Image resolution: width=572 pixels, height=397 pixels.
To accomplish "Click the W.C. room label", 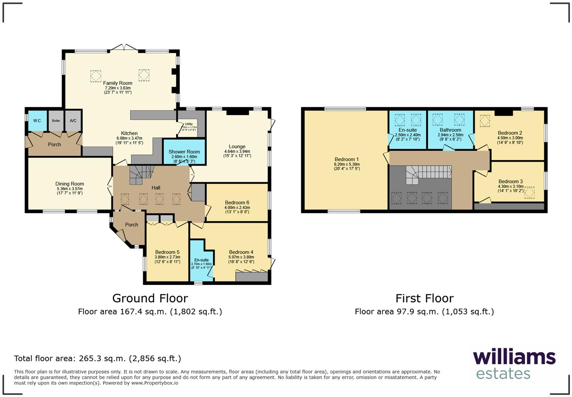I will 37,121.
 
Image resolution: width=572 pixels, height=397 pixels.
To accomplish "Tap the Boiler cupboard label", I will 56,121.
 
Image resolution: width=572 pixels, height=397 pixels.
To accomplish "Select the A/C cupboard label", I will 73,121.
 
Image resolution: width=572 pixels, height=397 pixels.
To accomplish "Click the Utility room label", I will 188,124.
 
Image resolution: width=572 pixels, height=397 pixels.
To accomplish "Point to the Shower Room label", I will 184,152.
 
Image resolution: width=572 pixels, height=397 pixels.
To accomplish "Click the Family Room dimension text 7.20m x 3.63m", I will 118,88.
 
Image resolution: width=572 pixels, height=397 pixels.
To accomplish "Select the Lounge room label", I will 237,147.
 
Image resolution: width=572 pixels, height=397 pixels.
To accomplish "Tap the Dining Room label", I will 70,184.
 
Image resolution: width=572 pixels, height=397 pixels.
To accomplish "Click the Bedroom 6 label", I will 237,203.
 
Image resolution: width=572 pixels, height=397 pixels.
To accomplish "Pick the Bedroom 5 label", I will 167,252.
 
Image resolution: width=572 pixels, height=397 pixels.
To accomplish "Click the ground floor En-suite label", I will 201,260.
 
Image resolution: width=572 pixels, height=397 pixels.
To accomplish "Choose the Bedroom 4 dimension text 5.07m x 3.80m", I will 241,257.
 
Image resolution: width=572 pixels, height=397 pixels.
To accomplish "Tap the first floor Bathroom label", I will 450,130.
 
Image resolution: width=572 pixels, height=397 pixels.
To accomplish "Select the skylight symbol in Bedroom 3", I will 530,192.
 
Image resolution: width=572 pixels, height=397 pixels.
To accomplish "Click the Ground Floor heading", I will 150,299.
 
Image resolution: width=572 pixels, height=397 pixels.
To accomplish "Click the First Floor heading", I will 424,299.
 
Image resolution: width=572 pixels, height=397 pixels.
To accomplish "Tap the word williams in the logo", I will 514,357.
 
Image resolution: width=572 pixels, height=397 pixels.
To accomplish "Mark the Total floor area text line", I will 98,358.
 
